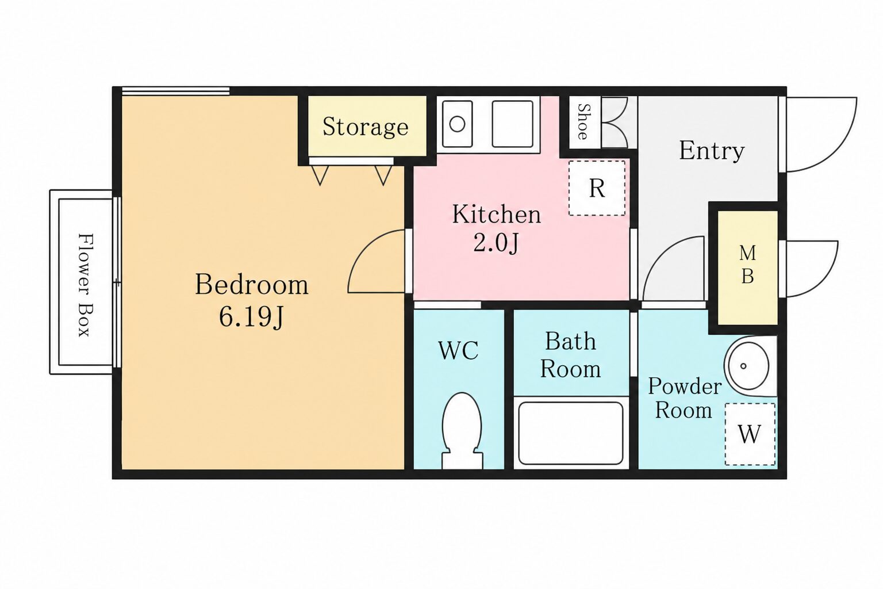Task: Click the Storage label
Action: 366,127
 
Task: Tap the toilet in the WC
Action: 462,430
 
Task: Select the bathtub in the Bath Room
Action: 571,433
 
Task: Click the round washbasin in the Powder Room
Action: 748,366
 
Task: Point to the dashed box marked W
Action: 750,434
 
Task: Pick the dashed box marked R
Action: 597,188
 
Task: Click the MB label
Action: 747,265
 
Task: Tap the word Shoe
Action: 583,121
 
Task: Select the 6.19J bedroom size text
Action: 251,317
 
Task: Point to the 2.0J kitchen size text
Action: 496,243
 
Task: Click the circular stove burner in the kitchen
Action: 457,124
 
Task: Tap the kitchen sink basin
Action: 512,124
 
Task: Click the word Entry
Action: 712,150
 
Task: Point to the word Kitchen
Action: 496,214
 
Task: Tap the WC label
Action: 458,350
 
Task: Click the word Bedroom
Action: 251,284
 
